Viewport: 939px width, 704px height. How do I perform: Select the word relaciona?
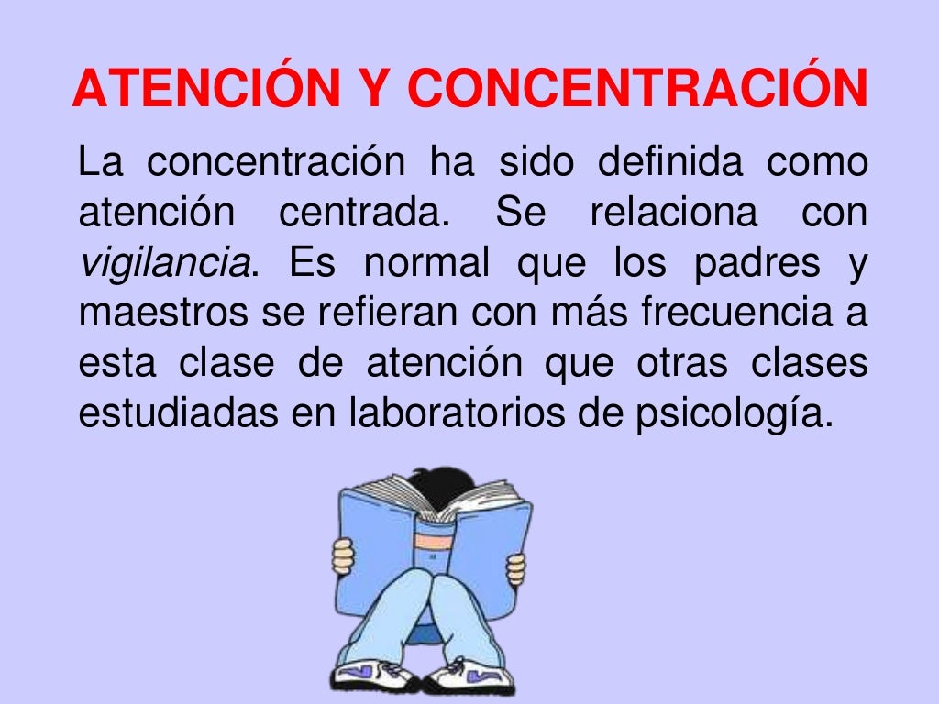click(673, 214)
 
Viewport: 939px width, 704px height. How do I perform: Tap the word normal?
click(426, 264)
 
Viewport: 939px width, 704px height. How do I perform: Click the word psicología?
click(733, 414)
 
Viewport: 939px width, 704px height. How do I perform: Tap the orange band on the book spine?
click(433, 541)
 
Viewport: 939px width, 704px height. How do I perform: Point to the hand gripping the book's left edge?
click(343, 555)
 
